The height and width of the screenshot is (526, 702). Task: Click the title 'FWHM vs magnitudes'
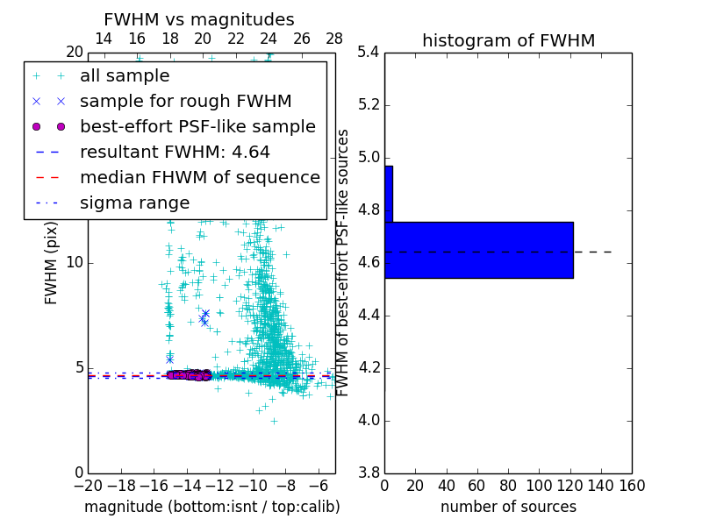click(x=198, y=19)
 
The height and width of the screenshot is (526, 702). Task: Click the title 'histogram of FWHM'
click(x=508, y=40)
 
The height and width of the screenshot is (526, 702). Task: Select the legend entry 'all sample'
click(x=125, y=76)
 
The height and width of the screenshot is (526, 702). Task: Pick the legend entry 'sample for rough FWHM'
click(x=185, y=102)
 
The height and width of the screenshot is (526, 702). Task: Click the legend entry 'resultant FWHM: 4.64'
click(x=175, y=153)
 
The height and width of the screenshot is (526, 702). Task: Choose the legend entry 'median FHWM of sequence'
click(x=199, y=178)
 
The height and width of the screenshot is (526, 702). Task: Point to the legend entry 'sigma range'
click(x=134, y=203)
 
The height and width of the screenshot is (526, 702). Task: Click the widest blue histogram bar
click(x=478, y=250)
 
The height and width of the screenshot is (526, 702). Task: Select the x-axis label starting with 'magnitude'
click(x=211, y=507)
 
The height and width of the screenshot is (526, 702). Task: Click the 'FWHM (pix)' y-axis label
click(x=52, y=263)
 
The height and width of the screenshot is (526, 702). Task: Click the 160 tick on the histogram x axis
click(x=632, y=484)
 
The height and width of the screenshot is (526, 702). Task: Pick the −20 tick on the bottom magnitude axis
click(x=88, y=484)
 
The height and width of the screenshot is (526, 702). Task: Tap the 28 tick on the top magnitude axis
click(x=334, y=39)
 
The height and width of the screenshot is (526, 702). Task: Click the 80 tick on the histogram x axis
click(x=508, y=484)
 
